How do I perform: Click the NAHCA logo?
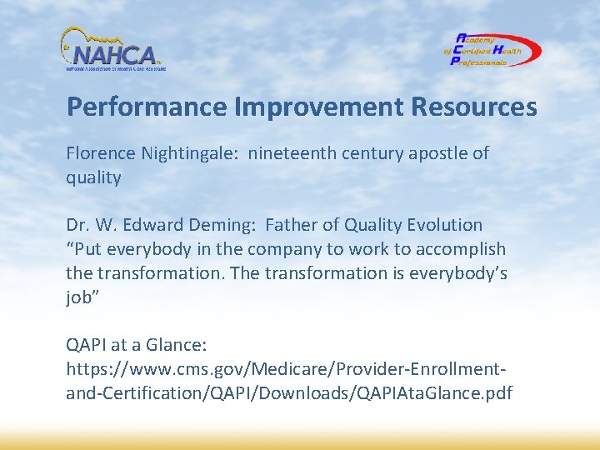click(x=113, y=50)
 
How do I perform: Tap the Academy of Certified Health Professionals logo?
click(x=492, y=50)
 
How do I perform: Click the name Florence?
click(x=97, y=154)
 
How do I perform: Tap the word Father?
click(x=291, y=225)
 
